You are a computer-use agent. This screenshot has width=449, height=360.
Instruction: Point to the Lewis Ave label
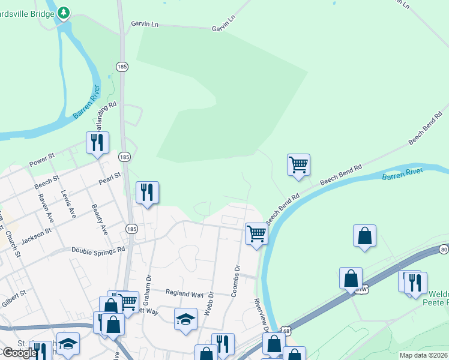click(68, 203)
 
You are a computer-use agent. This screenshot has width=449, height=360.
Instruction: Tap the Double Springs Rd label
click(98, 249)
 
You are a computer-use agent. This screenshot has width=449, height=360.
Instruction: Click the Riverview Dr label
click(262, 313)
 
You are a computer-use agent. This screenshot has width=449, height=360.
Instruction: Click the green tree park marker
click(63, 12)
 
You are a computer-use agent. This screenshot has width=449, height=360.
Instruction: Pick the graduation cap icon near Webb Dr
click(185, 319)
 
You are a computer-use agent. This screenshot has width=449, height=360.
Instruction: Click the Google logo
click(19, 353)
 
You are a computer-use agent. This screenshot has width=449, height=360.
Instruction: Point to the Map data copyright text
click(423, 355)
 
